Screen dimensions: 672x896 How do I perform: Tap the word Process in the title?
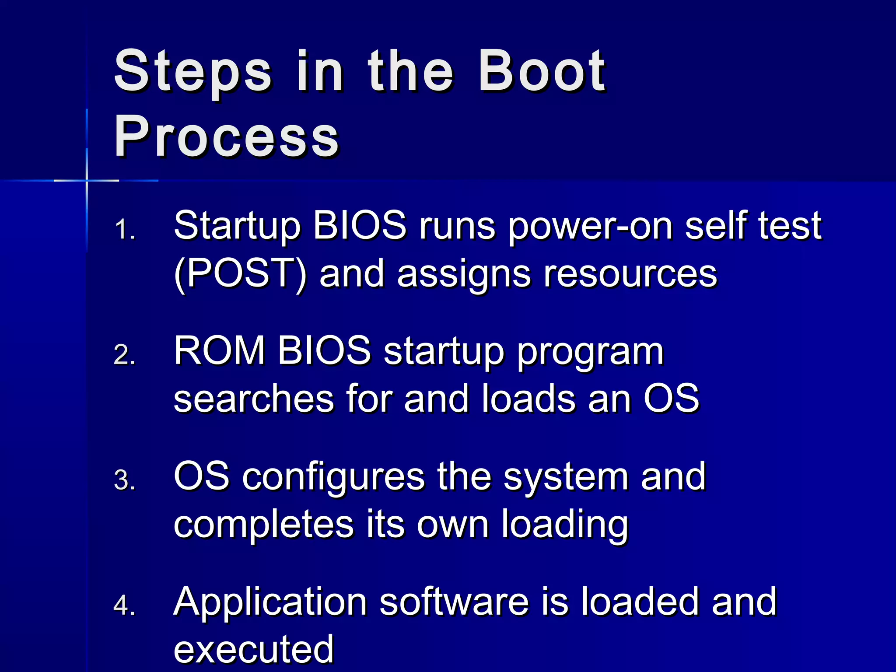[x=226, y=136]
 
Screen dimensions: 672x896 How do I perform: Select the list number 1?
[x=124, y=229]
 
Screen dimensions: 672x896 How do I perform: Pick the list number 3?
[x=124, y=480]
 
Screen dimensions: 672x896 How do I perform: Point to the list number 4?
[x=124, y=605]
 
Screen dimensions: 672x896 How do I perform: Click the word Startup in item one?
[x=237, y=227]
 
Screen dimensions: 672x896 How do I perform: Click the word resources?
[x=630, y=275]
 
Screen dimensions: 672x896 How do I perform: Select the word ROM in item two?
[x=219, y=351]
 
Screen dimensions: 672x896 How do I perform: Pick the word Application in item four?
[x=270, y=603]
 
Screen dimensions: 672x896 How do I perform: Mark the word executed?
[x=254, y=649]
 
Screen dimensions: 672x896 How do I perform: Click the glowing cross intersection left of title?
[x=87, y=180]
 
